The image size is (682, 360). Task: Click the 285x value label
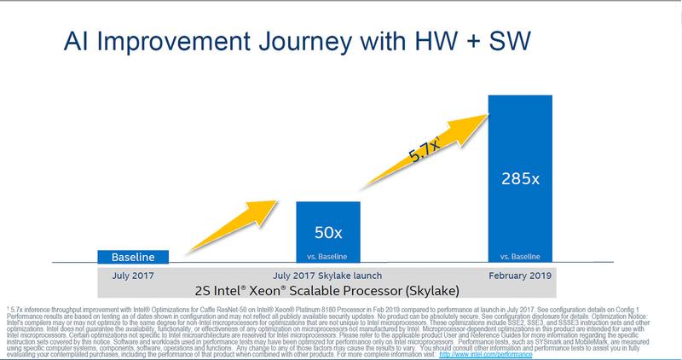(520, 182)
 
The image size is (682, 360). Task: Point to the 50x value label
(328, 231)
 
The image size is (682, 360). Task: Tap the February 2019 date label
(520, 275)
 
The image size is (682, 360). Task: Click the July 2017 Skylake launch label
(328, 275)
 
